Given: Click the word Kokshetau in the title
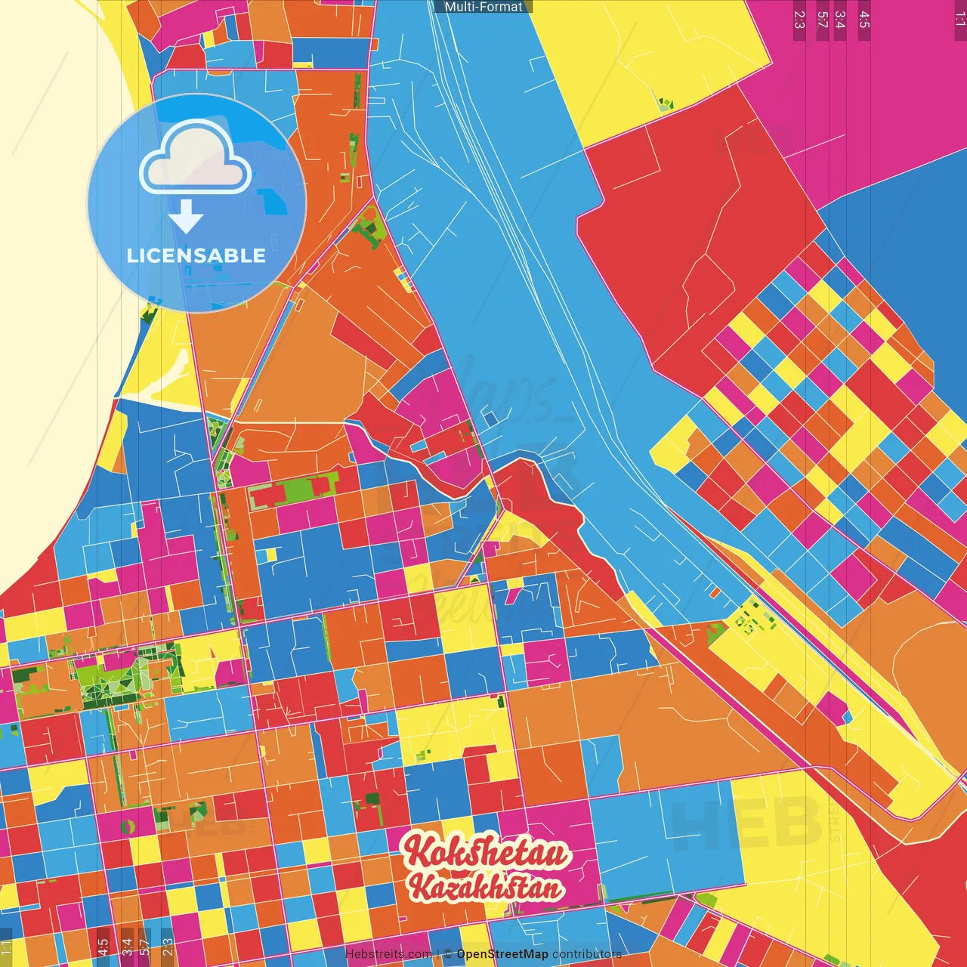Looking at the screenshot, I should click(486, 851).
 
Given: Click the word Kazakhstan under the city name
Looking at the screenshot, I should click(486, 887).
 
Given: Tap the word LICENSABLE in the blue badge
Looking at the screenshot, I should click(196, 255).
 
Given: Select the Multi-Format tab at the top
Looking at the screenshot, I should click(483, 7).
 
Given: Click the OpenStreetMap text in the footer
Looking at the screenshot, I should click(502, 954).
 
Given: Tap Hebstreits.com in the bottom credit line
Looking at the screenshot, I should click(388, 954).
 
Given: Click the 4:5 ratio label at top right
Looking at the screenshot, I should click(864, 20).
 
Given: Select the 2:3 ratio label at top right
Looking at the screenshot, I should click(799, 20).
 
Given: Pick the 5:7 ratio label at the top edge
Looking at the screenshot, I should click(822, 20).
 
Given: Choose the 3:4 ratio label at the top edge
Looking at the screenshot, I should click(840, 20).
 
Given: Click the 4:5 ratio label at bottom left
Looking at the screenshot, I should click(103, 947).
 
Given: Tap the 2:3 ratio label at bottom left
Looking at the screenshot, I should click(168, 947).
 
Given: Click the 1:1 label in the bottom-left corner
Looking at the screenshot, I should click(6, 947).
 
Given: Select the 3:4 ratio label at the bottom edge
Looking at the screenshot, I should click(127, 947).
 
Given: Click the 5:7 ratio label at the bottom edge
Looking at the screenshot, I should click(144, 947).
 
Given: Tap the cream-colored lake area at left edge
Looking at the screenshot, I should click(45, 302).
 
